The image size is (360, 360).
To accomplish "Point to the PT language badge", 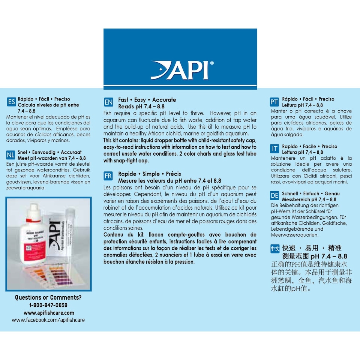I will tap(274, 102).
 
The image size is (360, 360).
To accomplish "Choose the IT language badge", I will tap(274, 149).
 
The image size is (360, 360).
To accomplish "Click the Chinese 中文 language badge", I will tap(275, 249).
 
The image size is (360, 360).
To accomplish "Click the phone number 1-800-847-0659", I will tap(48, 305).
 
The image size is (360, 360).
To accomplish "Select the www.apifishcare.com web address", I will tap(49, 313).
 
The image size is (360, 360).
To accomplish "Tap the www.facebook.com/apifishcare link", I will tap(48, 320).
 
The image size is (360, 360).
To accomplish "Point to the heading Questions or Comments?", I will tap(48, 298).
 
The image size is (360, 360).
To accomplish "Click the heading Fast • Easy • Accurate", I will tap(147, 100).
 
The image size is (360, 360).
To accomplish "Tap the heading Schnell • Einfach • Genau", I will tap(306, 193).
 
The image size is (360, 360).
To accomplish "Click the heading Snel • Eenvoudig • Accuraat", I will tap(49, 153).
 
